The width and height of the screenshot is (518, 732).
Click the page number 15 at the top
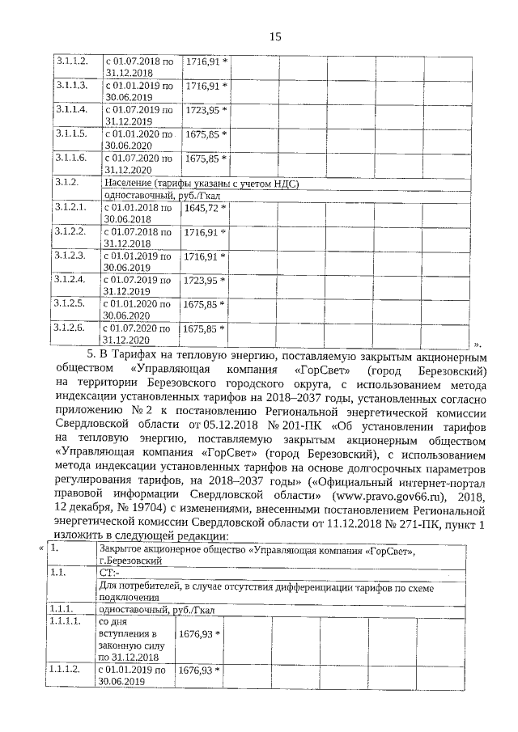tap(274, 36)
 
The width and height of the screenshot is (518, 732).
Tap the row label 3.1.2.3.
tap(69, 256)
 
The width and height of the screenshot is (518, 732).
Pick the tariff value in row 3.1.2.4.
tap(202, 280)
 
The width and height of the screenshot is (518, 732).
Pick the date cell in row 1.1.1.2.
tap(134, 676)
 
